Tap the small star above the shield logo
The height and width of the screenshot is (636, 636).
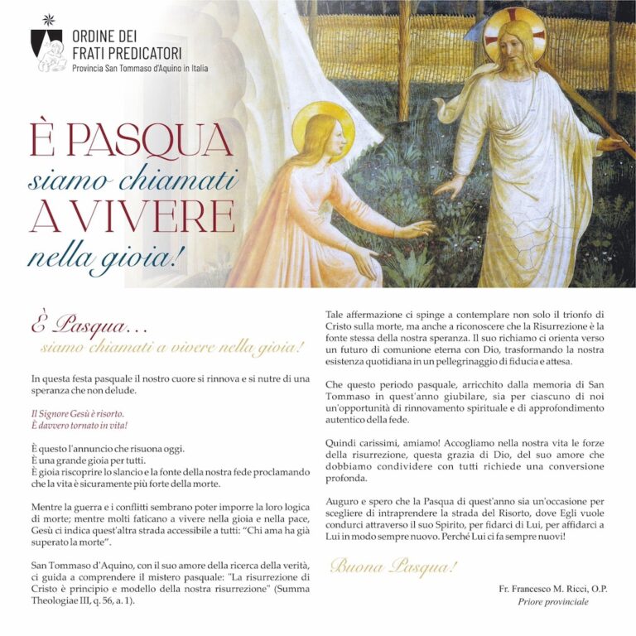pyautogui.click(x=46, y=19)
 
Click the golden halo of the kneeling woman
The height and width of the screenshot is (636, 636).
pyautogui.click(x=323, y=124)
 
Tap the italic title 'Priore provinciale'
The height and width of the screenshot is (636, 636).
pyautogui.click(x=553, y=602)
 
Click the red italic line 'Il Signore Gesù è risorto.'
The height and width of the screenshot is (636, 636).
pyautogui.click(x=76, y=412)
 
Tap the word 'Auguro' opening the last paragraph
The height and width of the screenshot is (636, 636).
pyautogui.click(x=344, y=502)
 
